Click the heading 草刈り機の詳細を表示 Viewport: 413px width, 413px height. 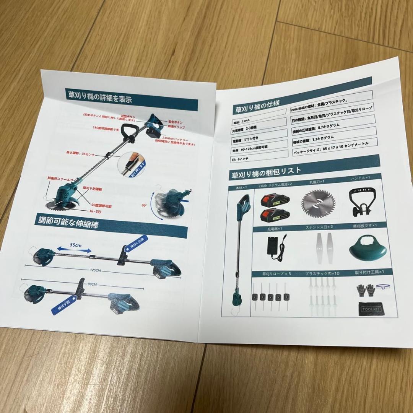pyautogui.click(x=100, y=97)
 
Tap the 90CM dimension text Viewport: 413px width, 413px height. pyautogui.click(x=92, y=284)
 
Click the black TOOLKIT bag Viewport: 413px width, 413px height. pyautogui.click(x=369, y=308)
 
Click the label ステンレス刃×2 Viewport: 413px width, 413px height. pyautogui.click(x=319, y=227)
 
